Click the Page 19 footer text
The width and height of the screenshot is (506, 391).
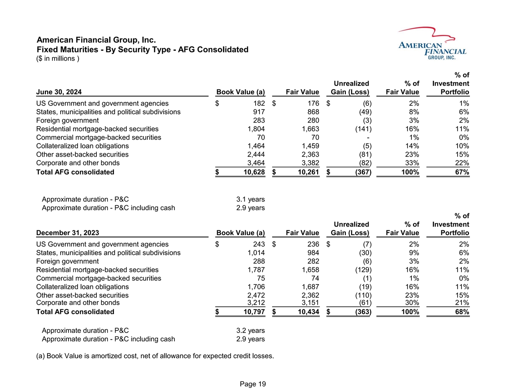click(253, 384)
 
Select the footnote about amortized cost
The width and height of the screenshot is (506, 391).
click(154, 356)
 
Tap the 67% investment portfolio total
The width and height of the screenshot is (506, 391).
click(461, 172)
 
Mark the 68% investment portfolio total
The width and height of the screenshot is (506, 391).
click(461, 312)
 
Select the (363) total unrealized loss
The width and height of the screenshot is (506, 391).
click(360, 312)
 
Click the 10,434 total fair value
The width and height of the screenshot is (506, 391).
click(307, 312)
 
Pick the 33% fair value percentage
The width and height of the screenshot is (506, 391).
click(412, 163)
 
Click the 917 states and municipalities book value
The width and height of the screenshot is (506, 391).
click(258, 112)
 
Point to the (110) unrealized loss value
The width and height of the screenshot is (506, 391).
click(360, 295)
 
